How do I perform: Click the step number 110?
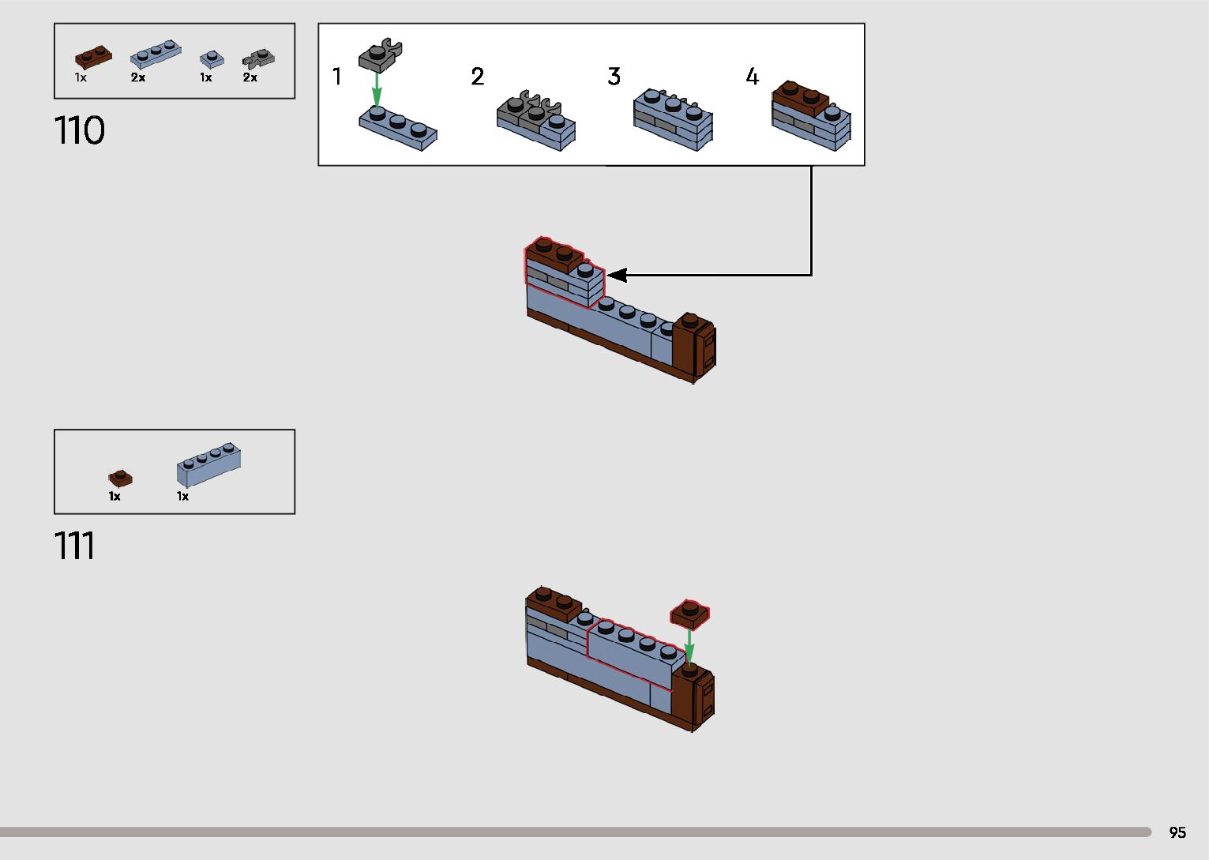pos(79,130)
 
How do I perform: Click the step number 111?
pos(74,546)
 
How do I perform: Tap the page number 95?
pos(1177,832)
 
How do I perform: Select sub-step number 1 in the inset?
pos(337,77)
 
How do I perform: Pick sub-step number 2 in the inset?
pos(477,77)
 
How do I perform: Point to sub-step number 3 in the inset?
pos(614,77)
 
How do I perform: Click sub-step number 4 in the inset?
pos(753,77)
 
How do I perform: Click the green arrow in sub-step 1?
pos(377,88)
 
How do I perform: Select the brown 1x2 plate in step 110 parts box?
pos(93,58)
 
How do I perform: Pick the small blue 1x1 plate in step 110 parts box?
pos(211,58)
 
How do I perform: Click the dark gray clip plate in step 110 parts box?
pos(258,58)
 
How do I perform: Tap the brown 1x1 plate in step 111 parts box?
pos(120,478)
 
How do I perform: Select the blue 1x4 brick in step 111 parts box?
pos(208,464)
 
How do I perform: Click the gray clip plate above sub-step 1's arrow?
pos(380,55)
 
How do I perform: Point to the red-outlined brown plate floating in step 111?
pos(689,614)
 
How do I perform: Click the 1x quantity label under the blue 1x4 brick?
pos(182,496)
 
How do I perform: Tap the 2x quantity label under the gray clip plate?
pos(250,77)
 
